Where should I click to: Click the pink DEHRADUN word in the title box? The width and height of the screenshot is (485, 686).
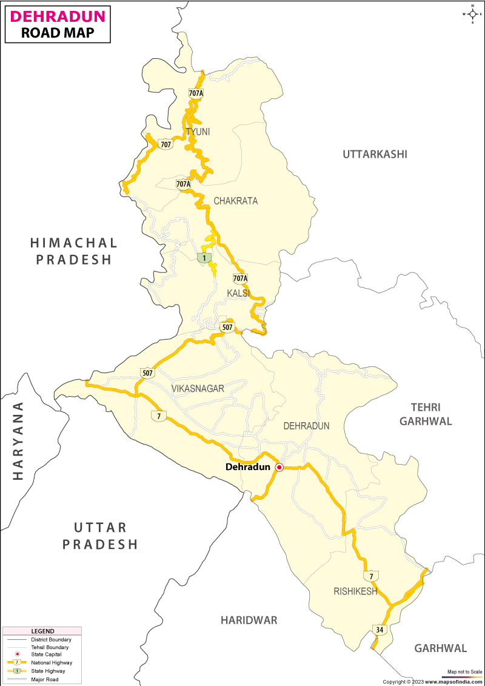click(x=58, y=16)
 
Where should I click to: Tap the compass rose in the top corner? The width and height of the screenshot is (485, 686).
click(x=472, y=13)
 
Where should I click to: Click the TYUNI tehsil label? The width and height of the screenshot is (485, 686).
click(x=198, y=132)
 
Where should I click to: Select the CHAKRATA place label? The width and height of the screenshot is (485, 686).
click(x=235, y=201)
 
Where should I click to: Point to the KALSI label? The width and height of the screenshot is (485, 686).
click(x=238, y=293)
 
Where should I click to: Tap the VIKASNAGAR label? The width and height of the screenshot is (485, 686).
click(x=198, y=388)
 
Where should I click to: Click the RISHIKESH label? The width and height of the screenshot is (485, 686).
click(x=355, y=591)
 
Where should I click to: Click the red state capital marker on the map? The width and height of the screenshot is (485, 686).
click(x=279, y=467)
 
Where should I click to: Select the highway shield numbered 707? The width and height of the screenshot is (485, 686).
click(x=166, y=144)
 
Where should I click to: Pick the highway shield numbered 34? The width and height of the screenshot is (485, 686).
click(x=380, y=630)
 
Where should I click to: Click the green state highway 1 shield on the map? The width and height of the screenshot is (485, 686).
click(x=206, y=258)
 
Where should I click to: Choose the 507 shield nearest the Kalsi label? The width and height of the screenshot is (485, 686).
click(x=227, y=327)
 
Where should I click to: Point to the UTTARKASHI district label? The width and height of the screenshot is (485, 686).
click(x=375, y=154)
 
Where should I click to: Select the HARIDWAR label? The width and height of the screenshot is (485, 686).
click(x=249, y=620)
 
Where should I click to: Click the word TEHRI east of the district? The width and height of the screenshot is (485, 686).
click(x=425, y=407)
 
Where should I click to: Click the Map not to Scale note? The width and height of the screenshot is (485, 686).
click(x=464, y=672)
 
